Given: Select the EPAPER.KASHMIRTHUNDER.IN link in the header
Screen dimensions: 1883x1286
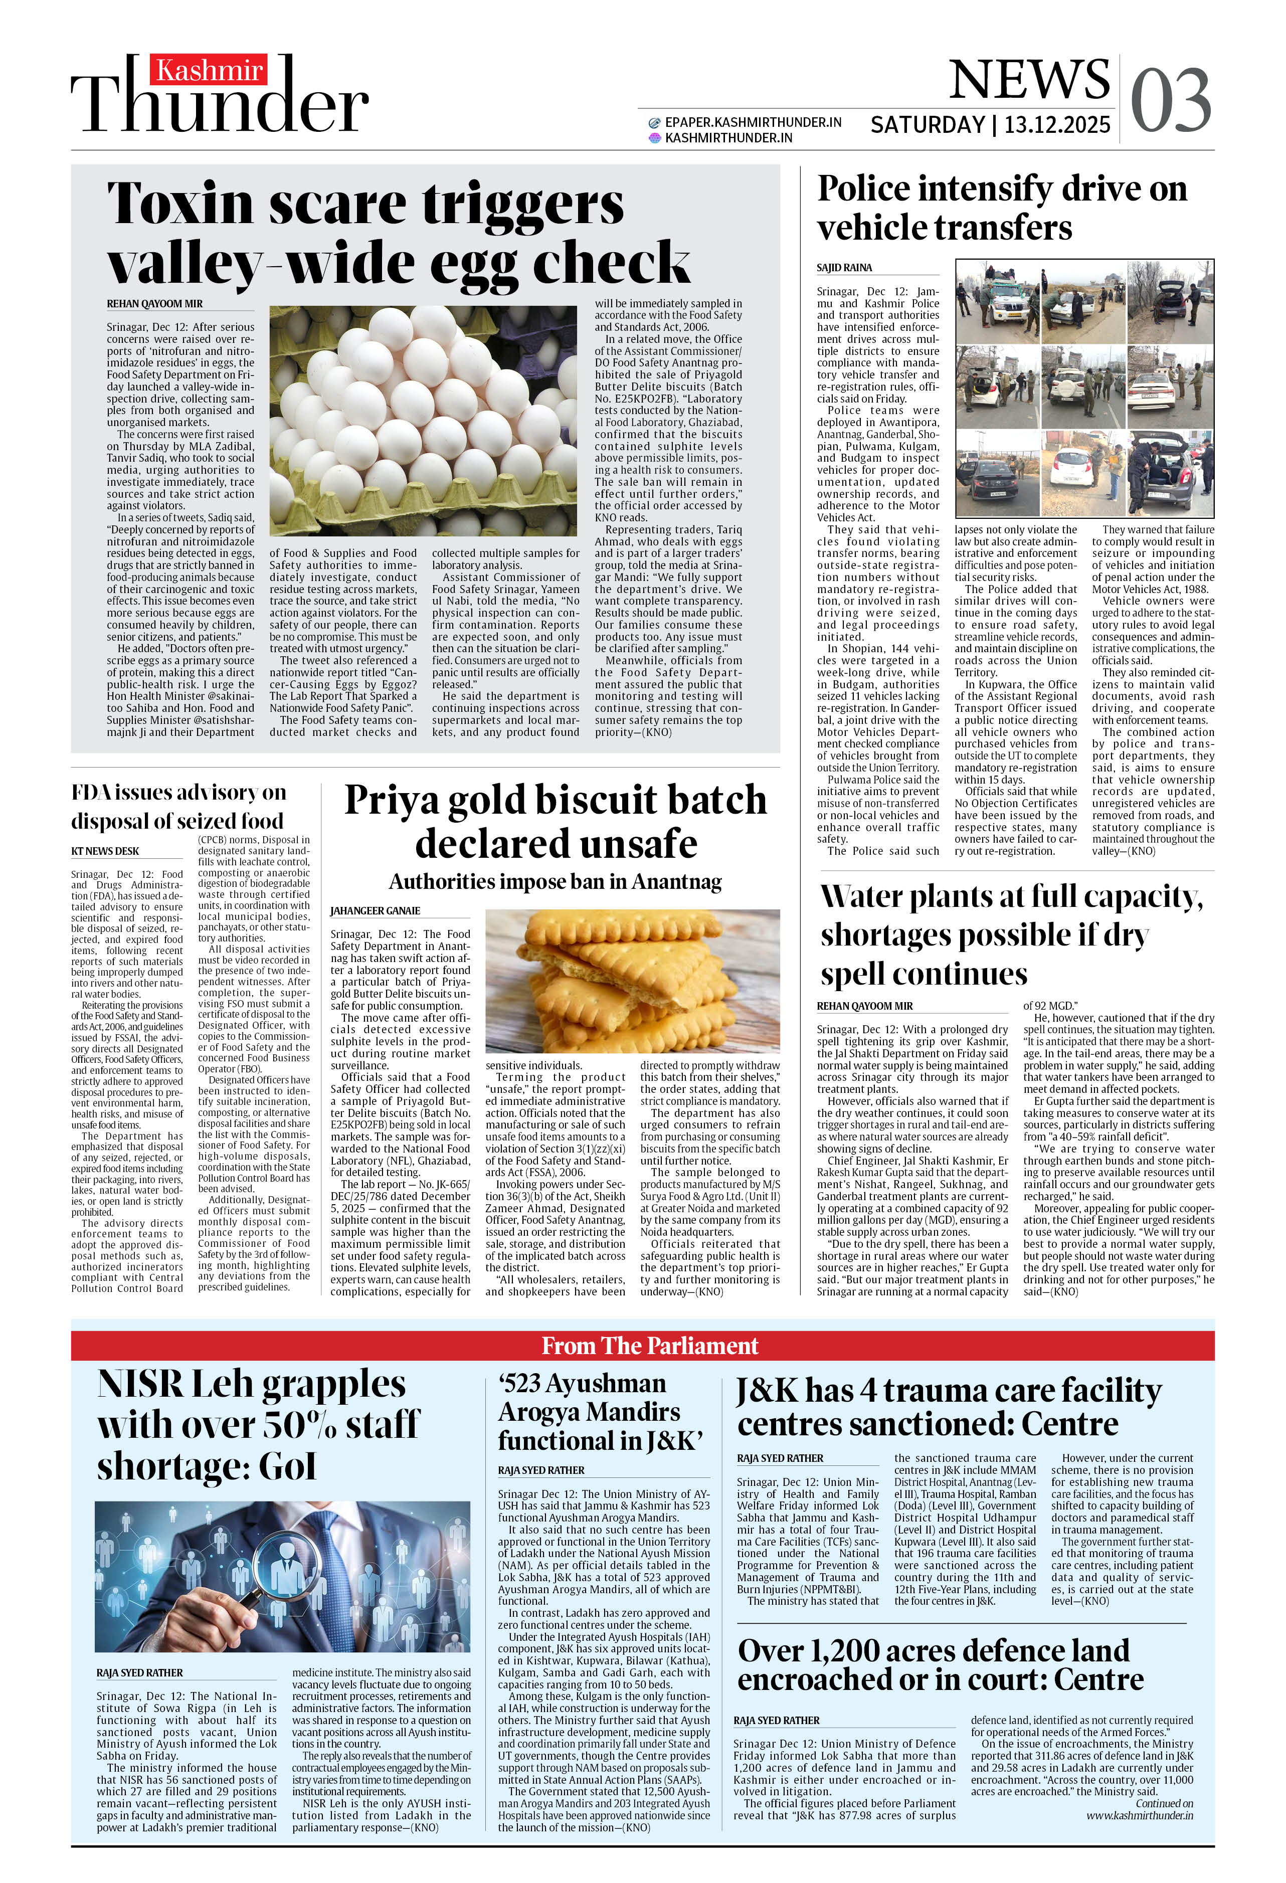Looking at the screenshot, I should tap(752, 122).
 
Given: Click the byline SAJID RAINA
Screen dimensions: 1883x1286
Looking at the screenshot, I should tap(844, 267).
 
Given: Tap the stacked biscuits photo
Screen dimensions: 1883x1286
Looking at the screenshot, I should tap(632, 981).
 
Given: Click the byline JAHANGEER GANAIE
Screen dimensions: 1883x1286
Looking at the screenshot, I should tap(375, 911).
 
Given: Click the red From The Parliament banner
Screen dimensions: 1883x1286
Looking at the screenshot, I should tap(650, 1346).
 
